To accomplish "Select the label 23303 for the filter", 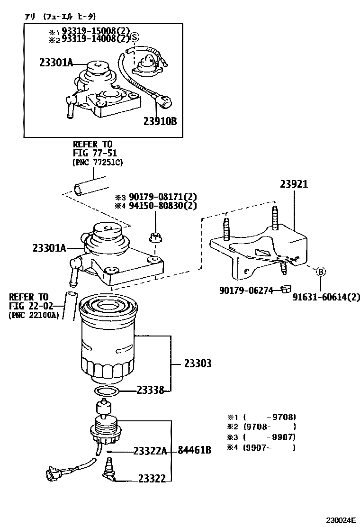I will [x=198, y=363].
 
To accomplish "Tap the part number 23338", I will [x=150, y=391].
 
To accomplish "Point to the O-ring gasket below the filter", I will [x=106, y=391].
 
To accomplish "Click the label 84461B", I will [x=194, y=450].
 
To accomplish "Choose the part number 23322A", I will [x=150, y=451].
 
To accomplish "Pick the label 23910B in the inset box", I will [x=160, y=121].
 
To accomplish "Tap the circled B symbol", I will [x=321, y=272].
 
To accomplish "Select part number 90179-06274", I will [x=246, y=290].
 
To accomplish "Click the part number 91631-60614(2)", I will [x=325, y=298].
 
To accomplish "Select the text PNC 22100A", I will [x=34, y=315].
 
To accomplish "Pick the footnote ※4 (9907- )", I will [x=261, y=447].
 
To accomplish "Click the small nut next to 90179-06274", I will [x=285, y=289].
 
